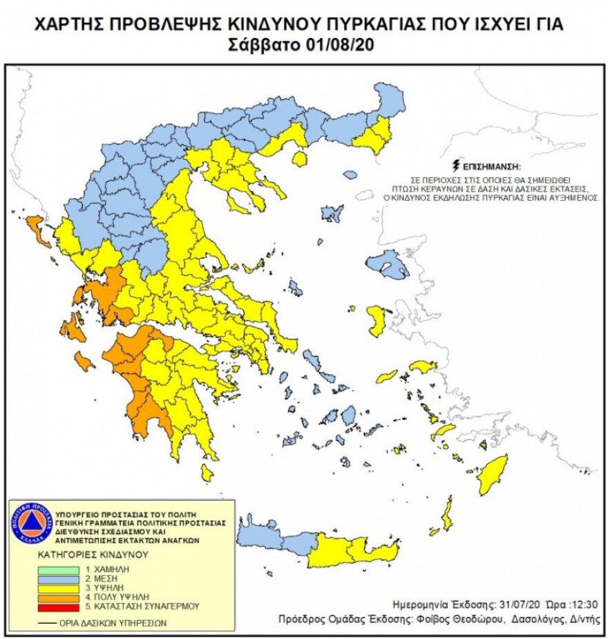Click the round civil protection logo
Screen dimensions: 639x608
pos(32,520)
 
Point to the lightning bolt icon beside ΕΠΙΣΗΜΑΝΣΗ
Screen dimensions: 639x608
pos(455,166)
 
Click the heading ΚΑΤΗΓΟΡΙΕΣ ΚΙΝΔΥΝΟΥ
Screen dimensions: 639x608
pos(74,555)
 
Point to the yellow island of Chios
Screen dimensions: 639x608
pos(377,321)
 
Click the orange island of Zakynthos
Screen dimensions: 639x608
pos(84,360)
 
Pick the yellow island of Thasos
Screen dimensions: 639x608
pos(299,159)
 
